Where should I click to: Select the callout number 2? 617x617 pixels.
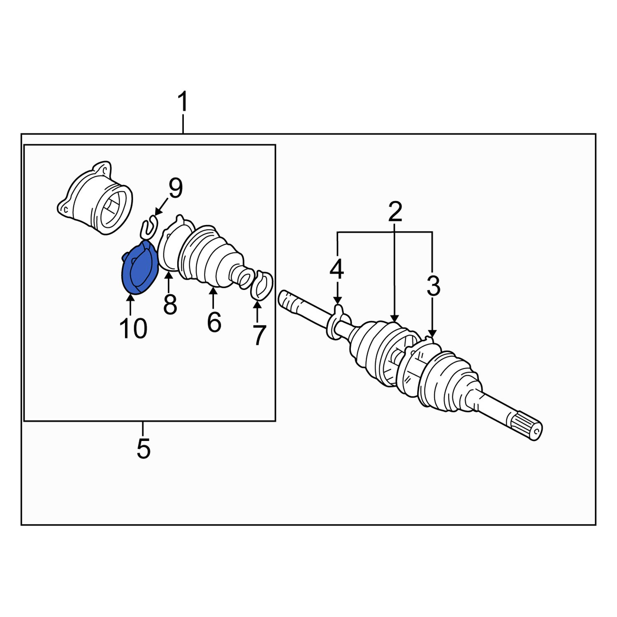394,212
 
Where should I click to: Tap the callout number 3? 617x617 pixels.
433,286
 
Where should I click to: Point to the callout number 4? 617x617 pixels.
337,270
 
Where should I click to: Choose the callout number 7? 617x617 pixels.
258,335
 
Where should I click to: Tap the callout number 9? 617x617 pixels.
175,189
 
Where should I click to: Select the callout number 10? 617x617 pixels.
133,329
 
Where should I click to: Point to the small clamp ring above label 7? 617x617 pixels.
262,285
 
